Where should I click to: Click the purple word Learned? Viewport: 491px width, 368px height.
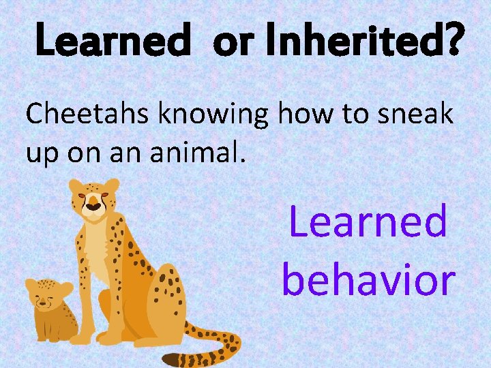368,221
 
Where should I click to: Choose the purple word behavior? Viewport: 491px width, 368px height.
368,279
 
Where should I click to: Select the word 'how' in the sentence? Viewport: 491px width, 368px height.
309,114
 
